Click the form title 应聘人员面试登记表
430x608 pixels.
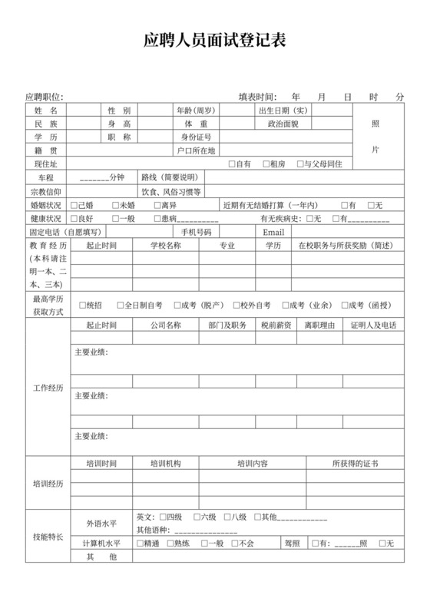point(215,41)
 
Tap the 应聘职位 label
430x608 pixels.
point(44,97)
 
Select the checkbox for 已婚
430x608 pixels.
point(74,205)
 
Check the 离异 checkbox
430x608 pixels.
point(157,205)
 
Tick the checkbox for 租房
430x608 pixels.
point(265,164)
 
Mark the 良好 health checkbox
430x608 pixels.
point(74,219)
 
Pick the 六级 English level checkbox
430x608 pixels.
point(197,517)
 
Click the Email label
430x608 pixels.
point(273,232)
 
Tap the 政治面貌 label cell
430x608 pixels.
point(283,124)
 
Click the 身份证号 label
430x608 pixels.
point(196,137)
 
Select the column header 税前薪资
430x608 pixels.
point(276,325)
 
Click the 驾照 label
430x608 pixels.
point(292,544)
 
